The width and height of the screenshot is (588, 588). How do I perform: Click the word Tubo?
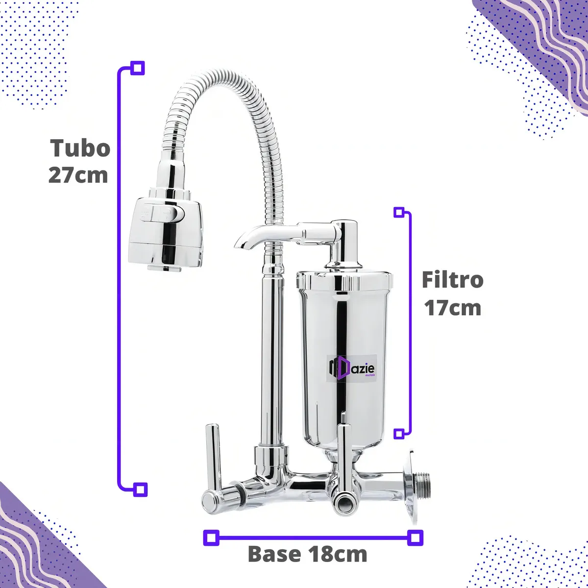[80, 148]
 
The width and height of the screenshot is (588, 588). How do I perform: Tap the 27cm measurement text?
[78, 175]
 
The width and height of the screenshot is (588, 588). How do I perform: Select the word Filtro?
[452, 280]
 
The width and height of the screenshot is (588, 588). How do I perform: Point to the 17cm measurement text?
[452, 308]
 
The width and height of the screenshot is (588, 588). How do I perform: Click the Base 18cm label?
[307, 554]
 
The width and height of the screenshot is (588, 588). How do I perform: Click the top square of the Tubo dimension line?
[138, 68]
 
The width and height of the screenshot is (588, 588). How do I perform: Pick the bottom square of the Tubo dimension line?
[140, 489]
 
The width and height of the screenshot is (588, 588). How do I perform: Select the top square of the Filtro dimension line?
[399, 212]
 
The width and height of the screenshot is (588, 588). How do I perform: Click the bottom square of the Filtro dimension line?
[399, 434]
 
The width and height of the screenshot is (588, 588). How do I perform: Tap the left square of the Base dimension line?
[211, 538]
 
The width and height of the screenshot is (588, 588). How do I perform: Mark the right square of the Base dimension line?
[416, 538]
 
